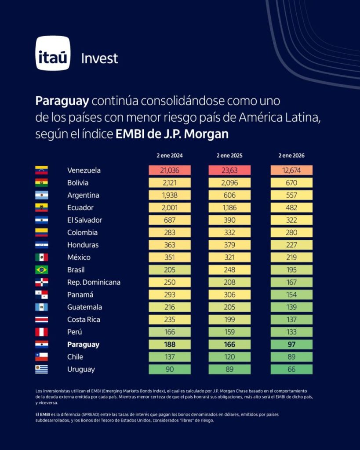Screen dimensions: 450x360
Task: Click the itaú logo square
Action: [x=53, y=53]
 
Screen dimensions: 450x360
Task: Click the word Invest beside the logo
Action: [x=99, y=58]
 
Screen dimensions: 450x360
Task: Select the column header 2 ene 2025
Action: [x=229, y=156]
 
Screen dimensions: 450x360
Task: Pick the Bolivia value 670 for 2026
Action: [x=291, y=183]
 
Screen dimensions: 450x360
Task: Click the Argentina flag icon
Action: [x=42, y=195]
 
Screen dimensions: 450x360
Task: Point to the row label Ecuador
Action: [x=80, y=207]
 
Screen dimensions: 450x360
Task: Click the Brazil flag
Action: [x=42, y=270]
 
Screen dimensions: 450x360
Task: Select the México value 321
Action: [x=229, y=258]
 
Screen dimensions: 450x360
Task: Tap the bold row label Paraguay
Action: [x=83, y=345]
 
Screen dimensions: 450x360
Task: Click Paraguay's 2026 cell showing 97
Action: [x=291, y=345]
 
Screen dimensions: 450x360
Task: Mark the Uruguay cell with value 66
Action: [x=291, y=370]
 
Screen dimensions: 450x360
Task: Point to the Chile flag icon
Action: [x=42, y=357]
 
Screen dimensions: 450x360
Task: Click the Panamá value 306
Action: [x=229, y=295]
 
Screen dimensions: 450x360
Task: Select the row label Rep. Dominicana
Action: [x=94, y=282]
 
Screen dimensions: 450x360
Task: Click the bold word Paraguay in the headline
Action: [x=62, y=101]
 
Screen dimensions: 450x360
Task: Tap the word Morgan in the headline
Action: [x=209, y=134]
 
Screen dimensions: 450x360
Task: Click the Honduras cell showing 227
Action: [x=291, y=245]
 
